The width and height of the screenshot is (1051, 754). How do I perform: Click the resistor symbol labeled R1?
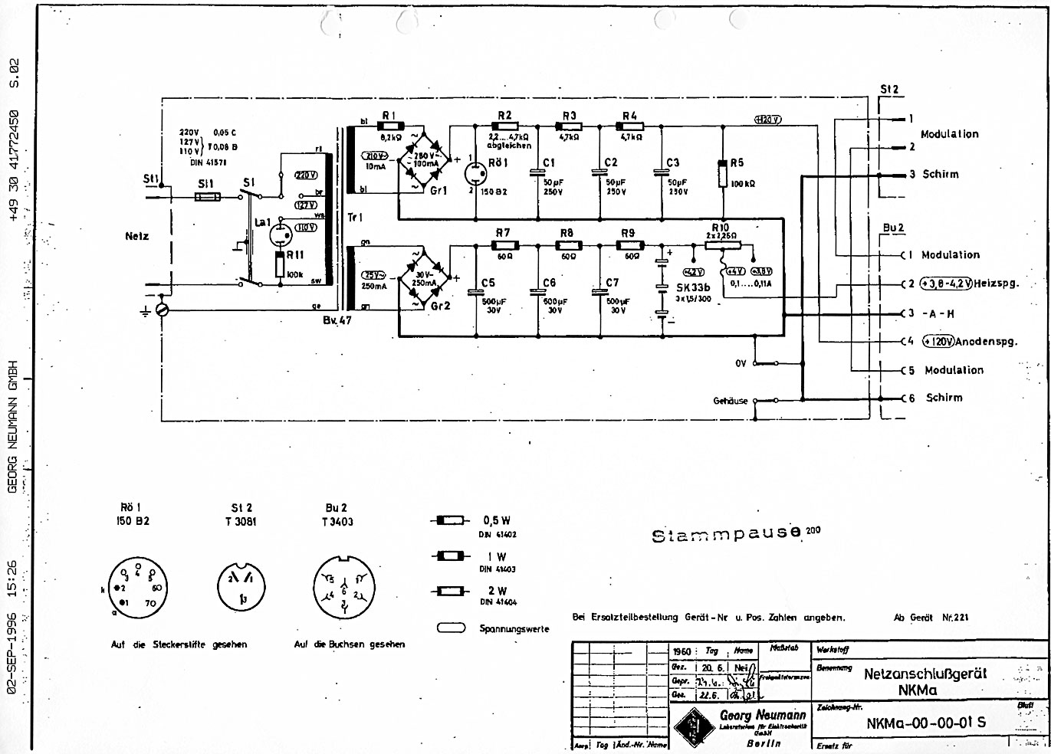(391, 126)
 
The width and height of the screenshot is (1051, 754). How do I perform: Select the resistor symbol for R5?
(723, 173)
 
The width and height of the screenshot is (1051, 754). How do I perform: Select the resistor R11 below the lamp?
(281, 264)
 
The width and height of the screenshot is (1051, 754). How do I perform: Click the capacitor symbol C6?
(535, 292)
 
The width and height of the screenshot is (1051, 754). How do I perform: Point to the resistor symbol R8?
(569, 245)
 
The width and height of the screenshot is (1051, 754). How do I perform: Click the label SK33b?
(692, 287)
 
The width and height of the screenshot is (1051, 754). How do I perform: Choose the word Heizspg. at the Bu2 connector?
(997, 284)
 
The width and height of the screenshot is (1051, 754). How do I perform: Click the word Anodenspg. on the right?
(987, 342)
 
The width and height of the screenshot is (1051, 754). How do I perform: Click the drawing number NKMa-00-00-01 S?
(926, 723)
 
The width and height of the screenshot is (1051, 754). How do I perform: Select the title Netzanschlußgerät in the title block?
(925, 674)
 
